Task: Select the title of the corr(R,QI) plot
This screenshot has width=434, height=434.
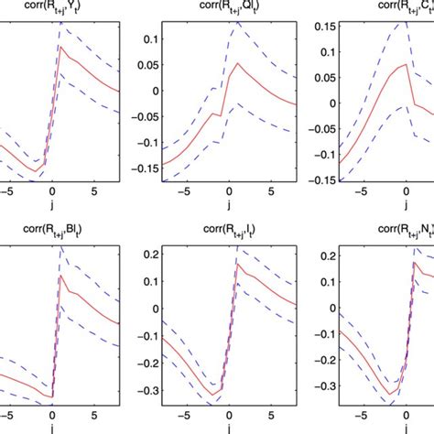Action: pyautogui.click(x=216, y=6)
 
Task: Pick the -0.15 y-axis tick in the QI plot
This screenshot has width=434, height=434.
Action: pyautogui.click(x=116, y=168)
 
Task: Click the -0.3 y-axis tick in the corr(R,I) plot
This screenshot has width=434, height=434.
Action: pyautogui.click(x=119, y=390)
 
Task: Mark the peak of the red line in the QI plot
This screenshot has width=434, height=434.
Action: pyautogui.click(x=236, y=63)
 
